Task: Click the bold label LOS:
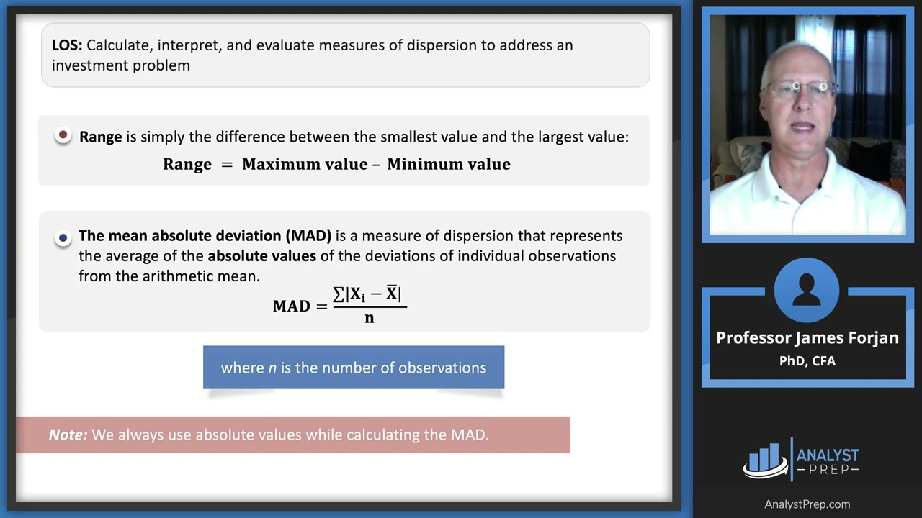67,45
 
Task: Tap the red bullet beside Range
63,135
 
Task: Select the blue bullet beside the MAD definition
63,237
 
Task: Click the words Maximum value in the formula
305,164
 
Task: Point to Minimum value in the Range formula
449,164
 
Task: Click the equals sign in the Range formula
227,165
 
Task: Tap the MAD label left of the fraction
291,306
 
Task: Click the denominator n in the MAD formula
370,318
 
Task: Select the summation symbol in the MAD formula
339,294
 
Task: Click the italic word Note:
68,435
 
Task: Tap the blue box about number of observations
353,368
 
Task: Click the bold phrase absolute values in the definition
261,255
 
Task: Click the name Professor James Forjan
807,338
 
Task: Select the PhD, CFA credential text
807,361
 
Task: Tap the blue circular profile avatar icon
807,291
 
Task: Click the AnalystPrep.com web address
807,504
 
